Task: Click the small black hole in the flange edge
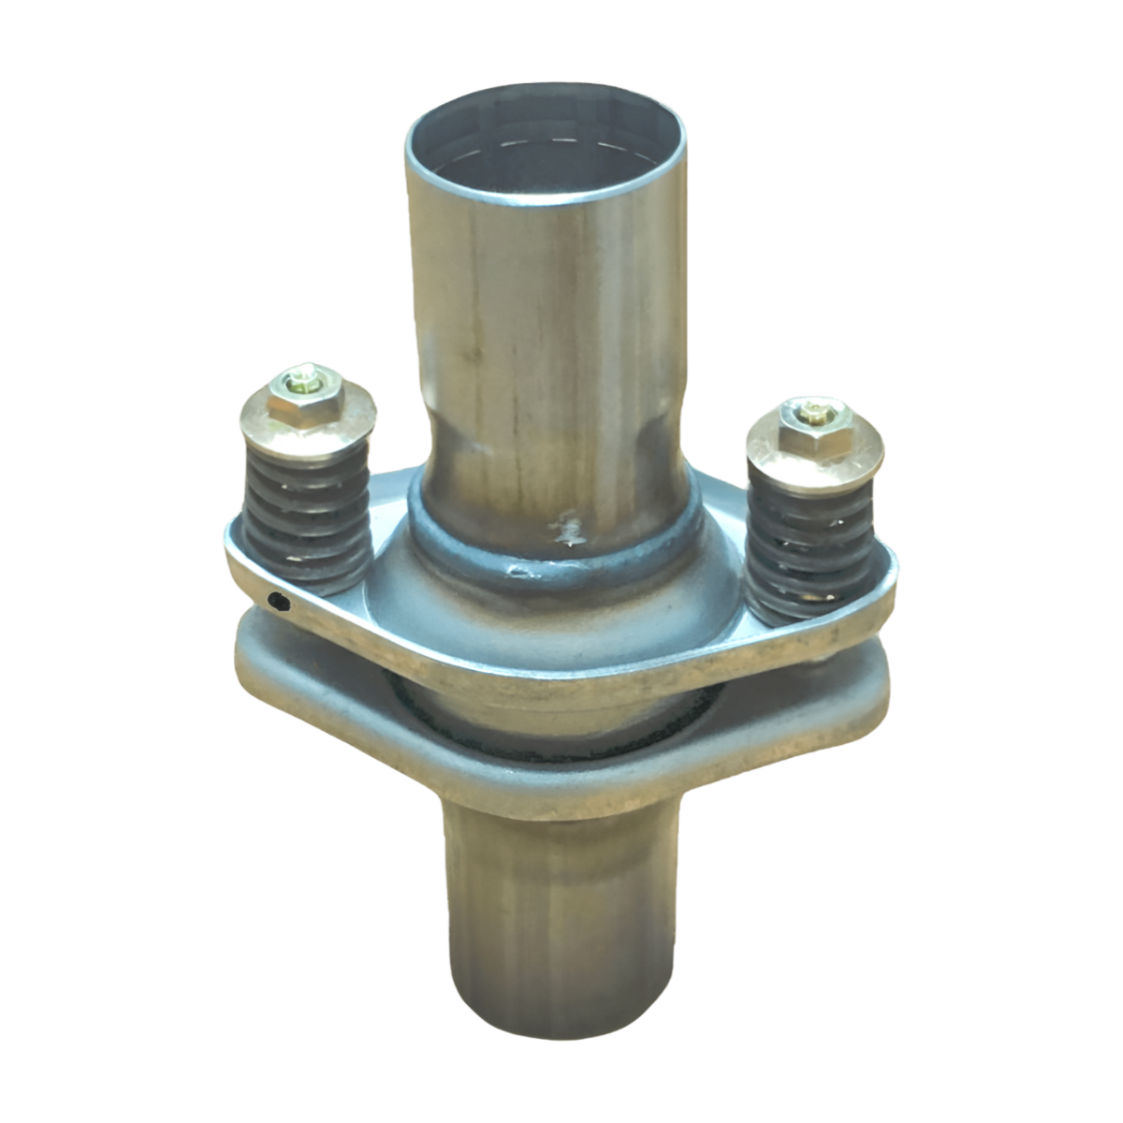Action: pos(276,602)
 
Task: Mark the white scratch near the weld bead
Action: pos(566,533)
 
